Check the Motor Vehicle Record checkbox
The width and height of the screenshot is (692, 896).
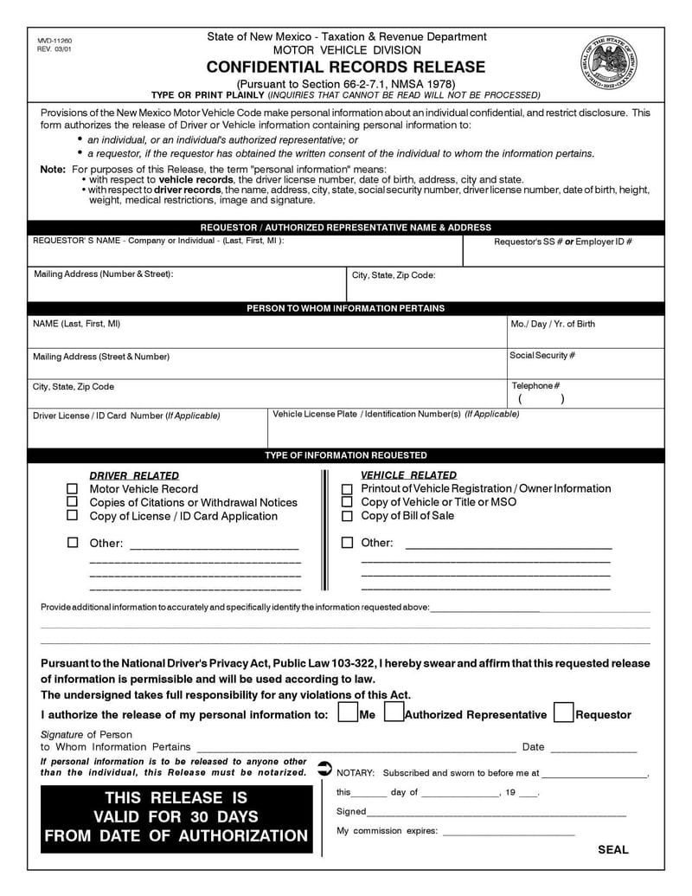73,489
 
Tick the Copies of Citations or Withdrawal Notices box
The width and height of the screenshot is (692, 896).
73,502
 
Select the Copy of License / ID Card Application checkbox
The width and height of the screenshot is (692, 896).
73,516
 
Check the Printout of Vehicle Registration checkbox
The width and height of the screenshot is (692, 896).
347,489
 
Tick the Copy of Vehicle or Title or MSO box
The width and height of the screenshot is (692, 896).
347,502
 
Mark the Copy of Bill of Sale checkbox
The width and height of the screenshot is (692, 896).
347,517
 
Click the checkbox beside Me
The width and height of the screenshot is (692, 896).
347,713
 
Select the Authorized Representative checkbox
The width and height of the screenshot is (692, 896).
393,713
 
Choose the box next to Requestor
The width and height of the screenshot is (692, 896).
563,713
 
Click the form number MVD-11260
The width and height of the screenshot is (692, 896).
54,41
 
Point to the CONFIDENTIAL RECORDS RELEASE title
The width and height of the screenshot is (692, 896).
346,68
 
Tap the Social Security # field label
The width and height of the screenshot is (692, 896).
542,356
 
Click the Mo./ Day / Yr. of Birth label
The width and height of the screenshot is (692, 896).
553,325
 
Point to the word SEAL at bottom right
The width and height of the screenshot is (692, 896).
613,850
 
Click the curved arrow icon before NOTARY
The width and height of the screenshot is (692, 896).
324,768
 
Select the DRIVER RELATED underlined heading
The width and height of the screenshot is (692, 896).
134,475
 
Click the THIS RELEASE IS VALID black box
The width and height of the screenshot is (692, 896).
176,816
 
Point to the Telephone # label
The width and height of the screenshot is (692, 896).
535,386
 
